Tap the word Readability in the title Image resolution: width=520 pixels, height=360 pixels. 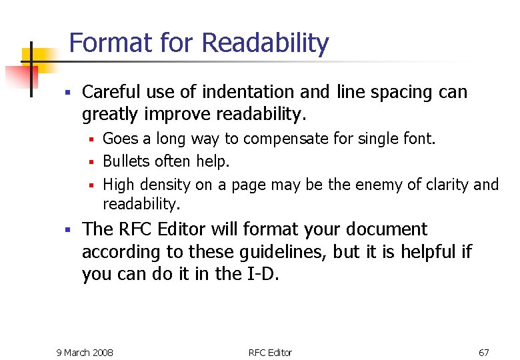[265, 44]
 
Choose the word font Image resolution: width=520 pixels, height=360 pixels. [421, 139]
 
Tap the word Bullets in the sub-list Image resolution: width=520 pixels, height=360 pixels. [127, 161]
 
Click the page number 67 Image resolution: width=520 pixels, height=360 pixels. [484, 352]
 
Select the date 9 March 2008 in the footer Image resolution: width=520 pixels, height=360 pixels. [85, 352]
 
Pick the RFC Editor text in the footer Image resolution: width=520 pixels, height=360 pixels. [270, 352]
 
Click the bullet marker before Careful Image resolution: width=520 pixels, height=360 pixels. [67, 92]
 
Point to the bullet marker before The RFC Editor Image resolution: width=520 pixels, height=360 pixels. [67, 230]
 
